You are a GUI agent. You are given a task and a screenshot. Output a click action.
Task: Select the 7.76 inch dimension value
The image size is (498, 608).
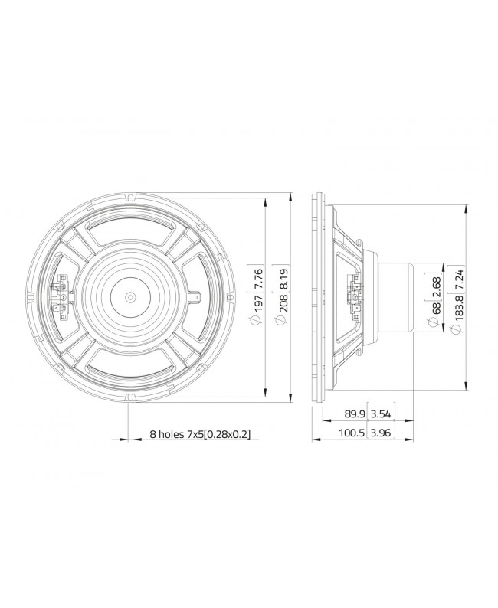[x=257, y=274]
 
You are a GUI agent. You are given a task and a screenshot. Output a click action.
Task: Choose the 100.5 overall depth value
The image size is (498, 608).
[x=353, y=433]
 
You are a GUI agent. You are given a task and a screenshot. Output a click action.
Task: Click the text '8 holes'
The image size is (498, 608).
[x=167, y=433]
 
